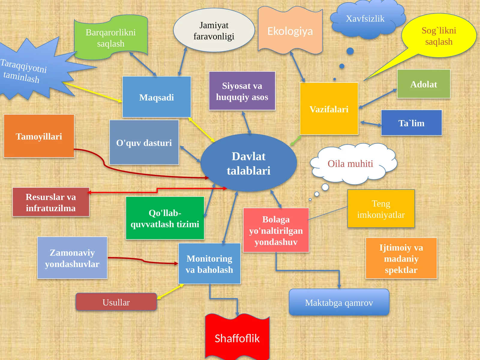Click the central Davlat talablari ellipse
(x=249, y=163)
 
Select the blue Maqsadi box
(x=157, y=97)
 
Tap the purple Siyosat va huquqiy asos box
(x=242, y=91)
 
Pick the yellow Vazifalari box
(x=329, y=109)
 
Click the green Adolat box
(x=424, y=84)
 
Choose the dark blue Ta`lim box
(x=411, y=123)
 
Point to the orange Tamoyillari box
(x=39, y=136)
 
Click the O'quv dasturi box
(x=144, y=142)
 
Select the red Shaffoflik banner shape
(x=237, y=337)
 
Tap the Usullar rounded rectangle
(x=116, y=302)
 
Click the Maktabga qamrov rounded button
(x=339, y=302)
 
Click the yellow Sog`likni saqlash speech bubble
(x=439, y=36)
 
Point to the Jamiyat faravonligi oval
(x=214, y=30)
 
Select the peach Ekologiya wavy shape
(x=290, y=31)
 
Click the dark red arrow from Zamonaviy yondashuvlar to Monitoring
(x=143, y=261)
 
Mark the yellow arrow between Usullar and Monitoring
(x=170, y=291)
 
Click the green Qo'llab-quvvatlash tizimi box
(x=165, y=218)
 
